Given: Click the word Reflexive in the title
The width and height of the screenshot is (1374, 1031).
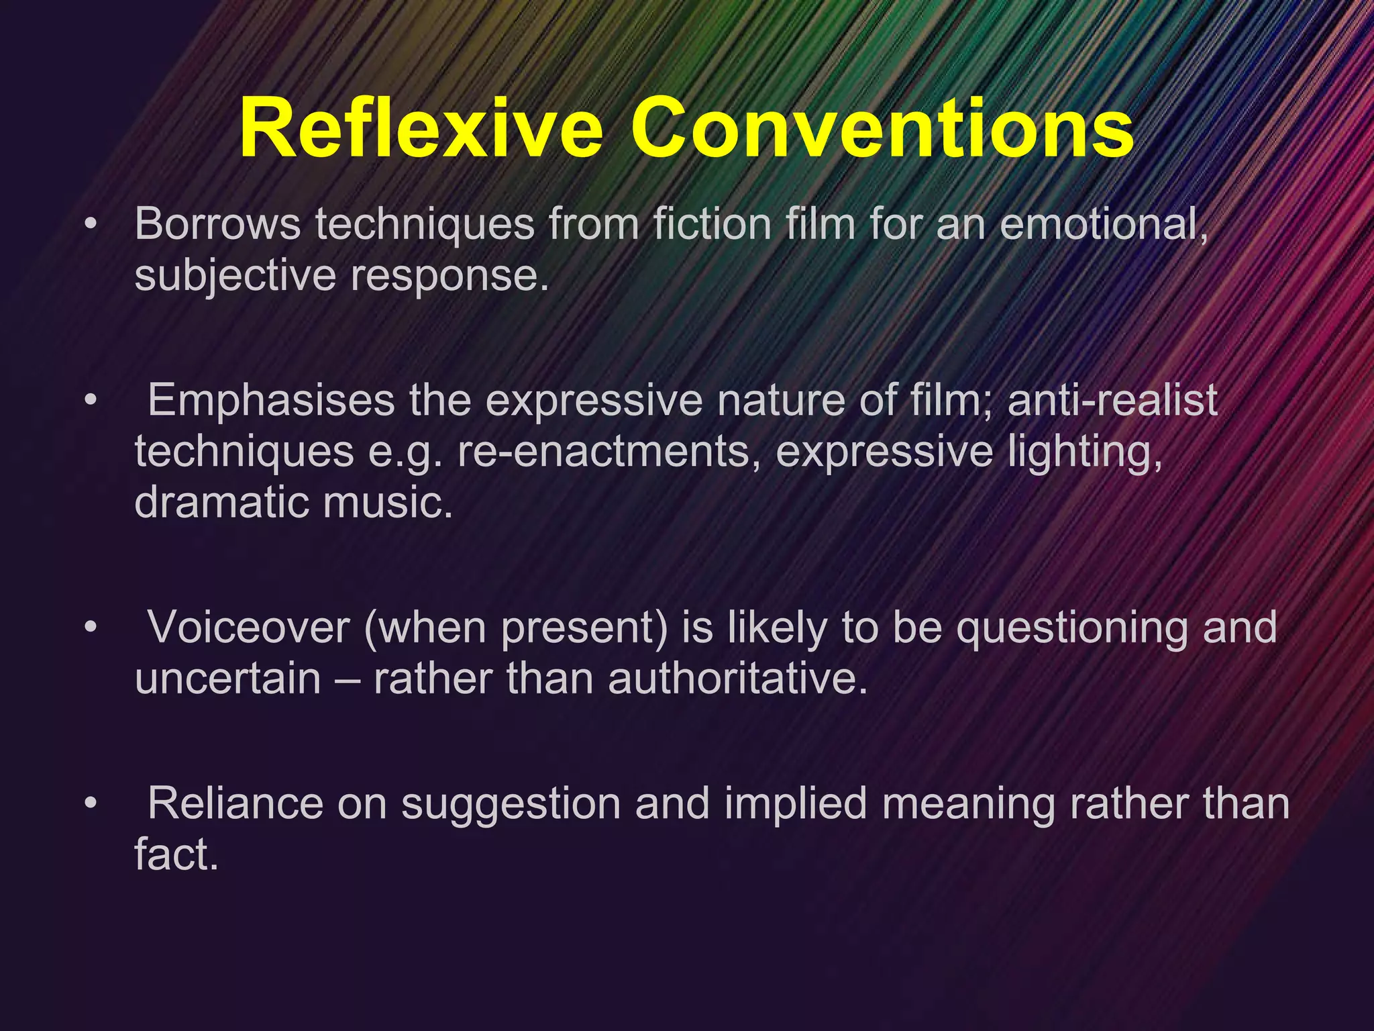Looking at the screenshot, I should (421, 128).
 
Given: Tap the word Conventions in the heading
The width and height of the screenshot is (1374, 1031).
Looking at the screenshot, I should (882, 128).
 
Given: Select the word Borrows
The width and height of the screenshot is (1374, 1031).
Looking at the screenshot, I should (217, 224).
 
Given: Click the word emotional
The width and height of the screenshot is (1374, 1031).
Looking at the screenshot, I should (1103, 224).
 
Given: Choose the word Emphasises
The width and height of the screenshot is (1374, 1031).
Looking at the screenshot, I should (271, 401).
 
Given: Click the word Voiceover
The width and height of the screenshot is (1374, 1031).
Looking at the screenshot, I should (248, 627).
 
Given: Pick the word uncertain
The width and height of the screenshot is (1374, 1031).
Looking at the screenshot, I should (228, 679).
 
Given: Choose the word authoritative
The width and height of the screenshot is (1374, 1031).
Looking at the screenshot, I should (738, 679).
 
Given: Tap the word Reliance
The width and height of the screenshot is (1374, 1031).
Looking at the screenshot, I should (235, 803).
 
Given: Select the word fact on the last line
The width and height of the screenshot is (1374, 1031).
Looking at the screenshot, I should (176, 854).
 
